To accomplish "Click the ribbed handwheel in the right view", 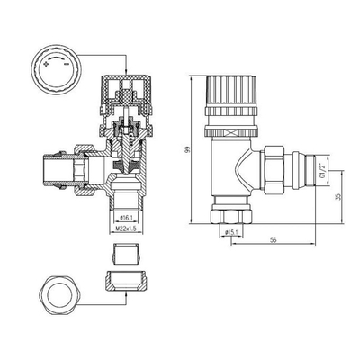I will click(231, 93).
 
